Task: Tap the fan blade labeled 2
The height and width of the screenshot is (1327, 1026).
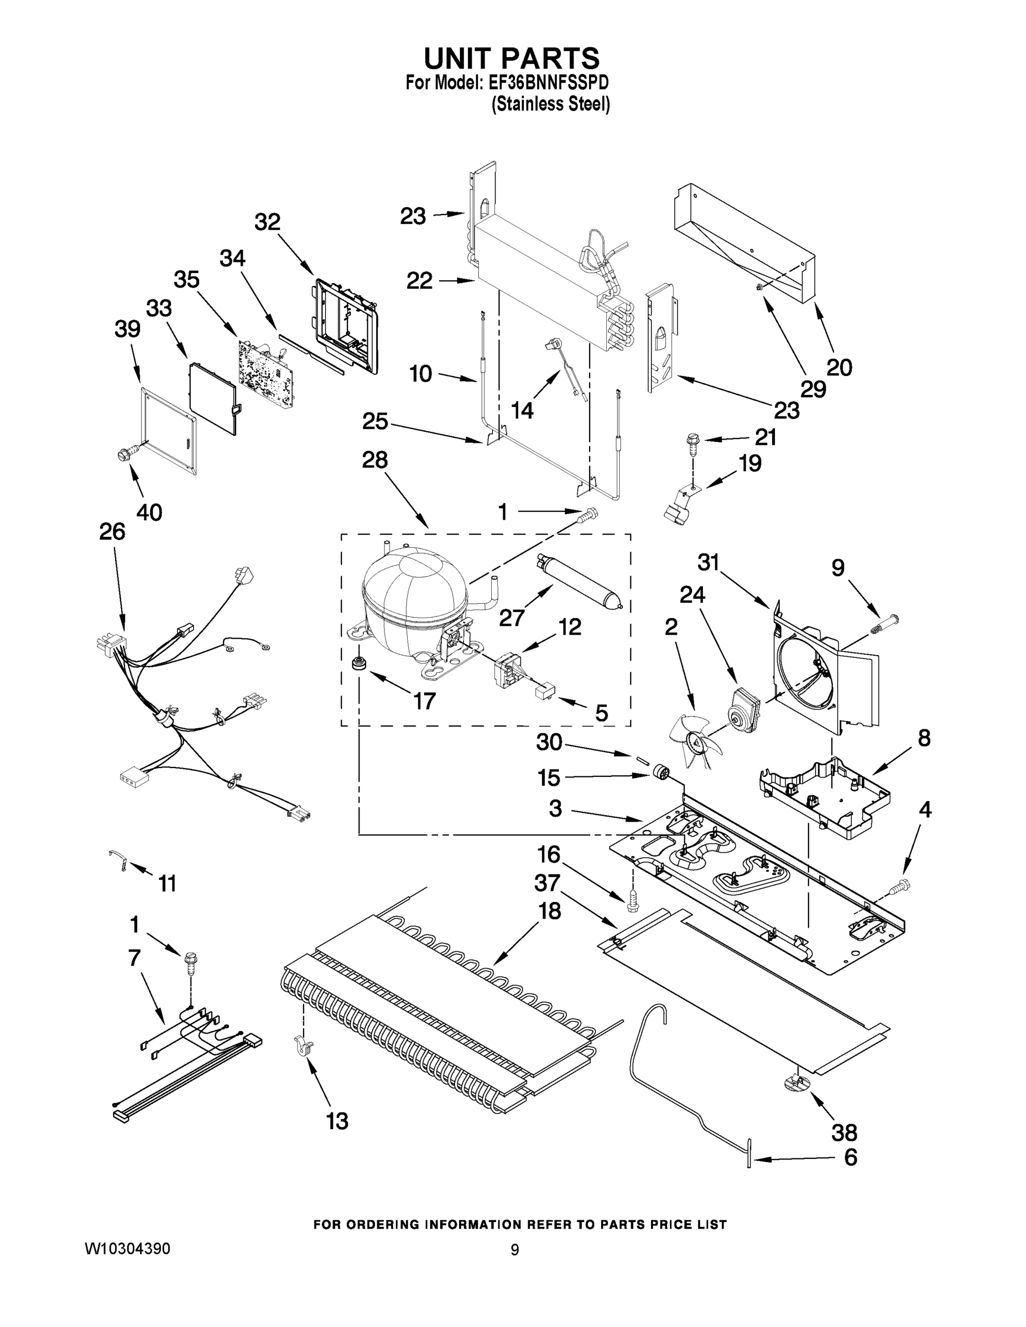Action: pyautogui.click(x=694, y=739)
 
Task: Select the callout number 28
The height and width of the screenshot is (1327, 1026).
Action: pyautogui.click(x=374, y=460)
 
